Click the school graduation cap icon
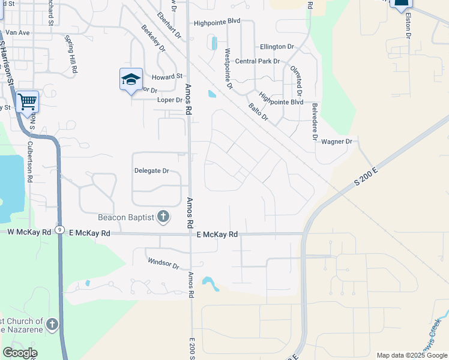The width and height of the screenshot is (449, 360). [x=131, y=79]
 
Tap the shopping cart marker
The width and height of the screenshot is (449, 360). [x=27, y=102]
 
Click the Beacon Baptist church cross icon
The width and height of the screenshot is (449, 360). [x=163, y=217]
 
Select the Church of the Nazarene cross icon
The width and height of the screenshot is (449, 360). [x=52, y=325]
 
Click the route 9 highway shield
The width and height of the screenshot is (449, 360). [x=59, y=230]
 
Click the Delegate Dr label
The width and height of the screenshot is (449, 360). [x=151, y=171]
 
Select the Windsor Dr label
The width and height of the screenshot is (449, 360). [x=164, y=262]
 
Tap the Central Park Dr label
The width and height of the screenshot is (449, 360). [x=258, y=61]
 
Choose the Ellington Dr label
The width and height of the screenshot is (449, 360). [x=277, y=46]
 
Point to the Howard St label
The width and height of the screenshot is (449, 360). [x=167, y=77]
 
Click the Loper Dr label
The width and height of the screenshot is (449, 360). [x=169, y=100]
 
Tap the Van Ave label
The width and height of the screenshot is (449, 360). [x=17, y=32]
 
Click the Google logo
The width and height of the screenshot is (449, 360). [x=20, y=352]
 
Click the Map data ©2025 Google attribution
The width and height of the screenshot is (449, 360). [x=411, y=355]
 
